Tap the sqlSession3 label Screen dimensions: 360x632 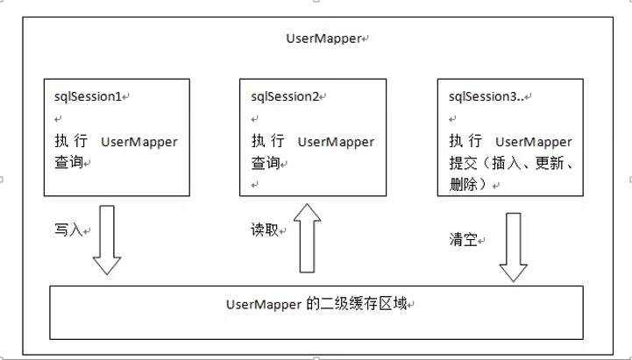click(x=483, y=95)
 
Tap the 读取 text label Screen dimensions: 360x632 click(x=264, y=230)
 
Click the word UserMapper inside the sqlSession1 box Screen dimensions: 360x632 click(x=139, y=142)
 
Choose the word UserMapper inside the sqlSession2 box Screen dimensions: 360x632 click(x=336, y=142)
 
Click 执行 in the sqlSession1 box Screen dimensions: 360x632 click(x=69, y=142)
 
